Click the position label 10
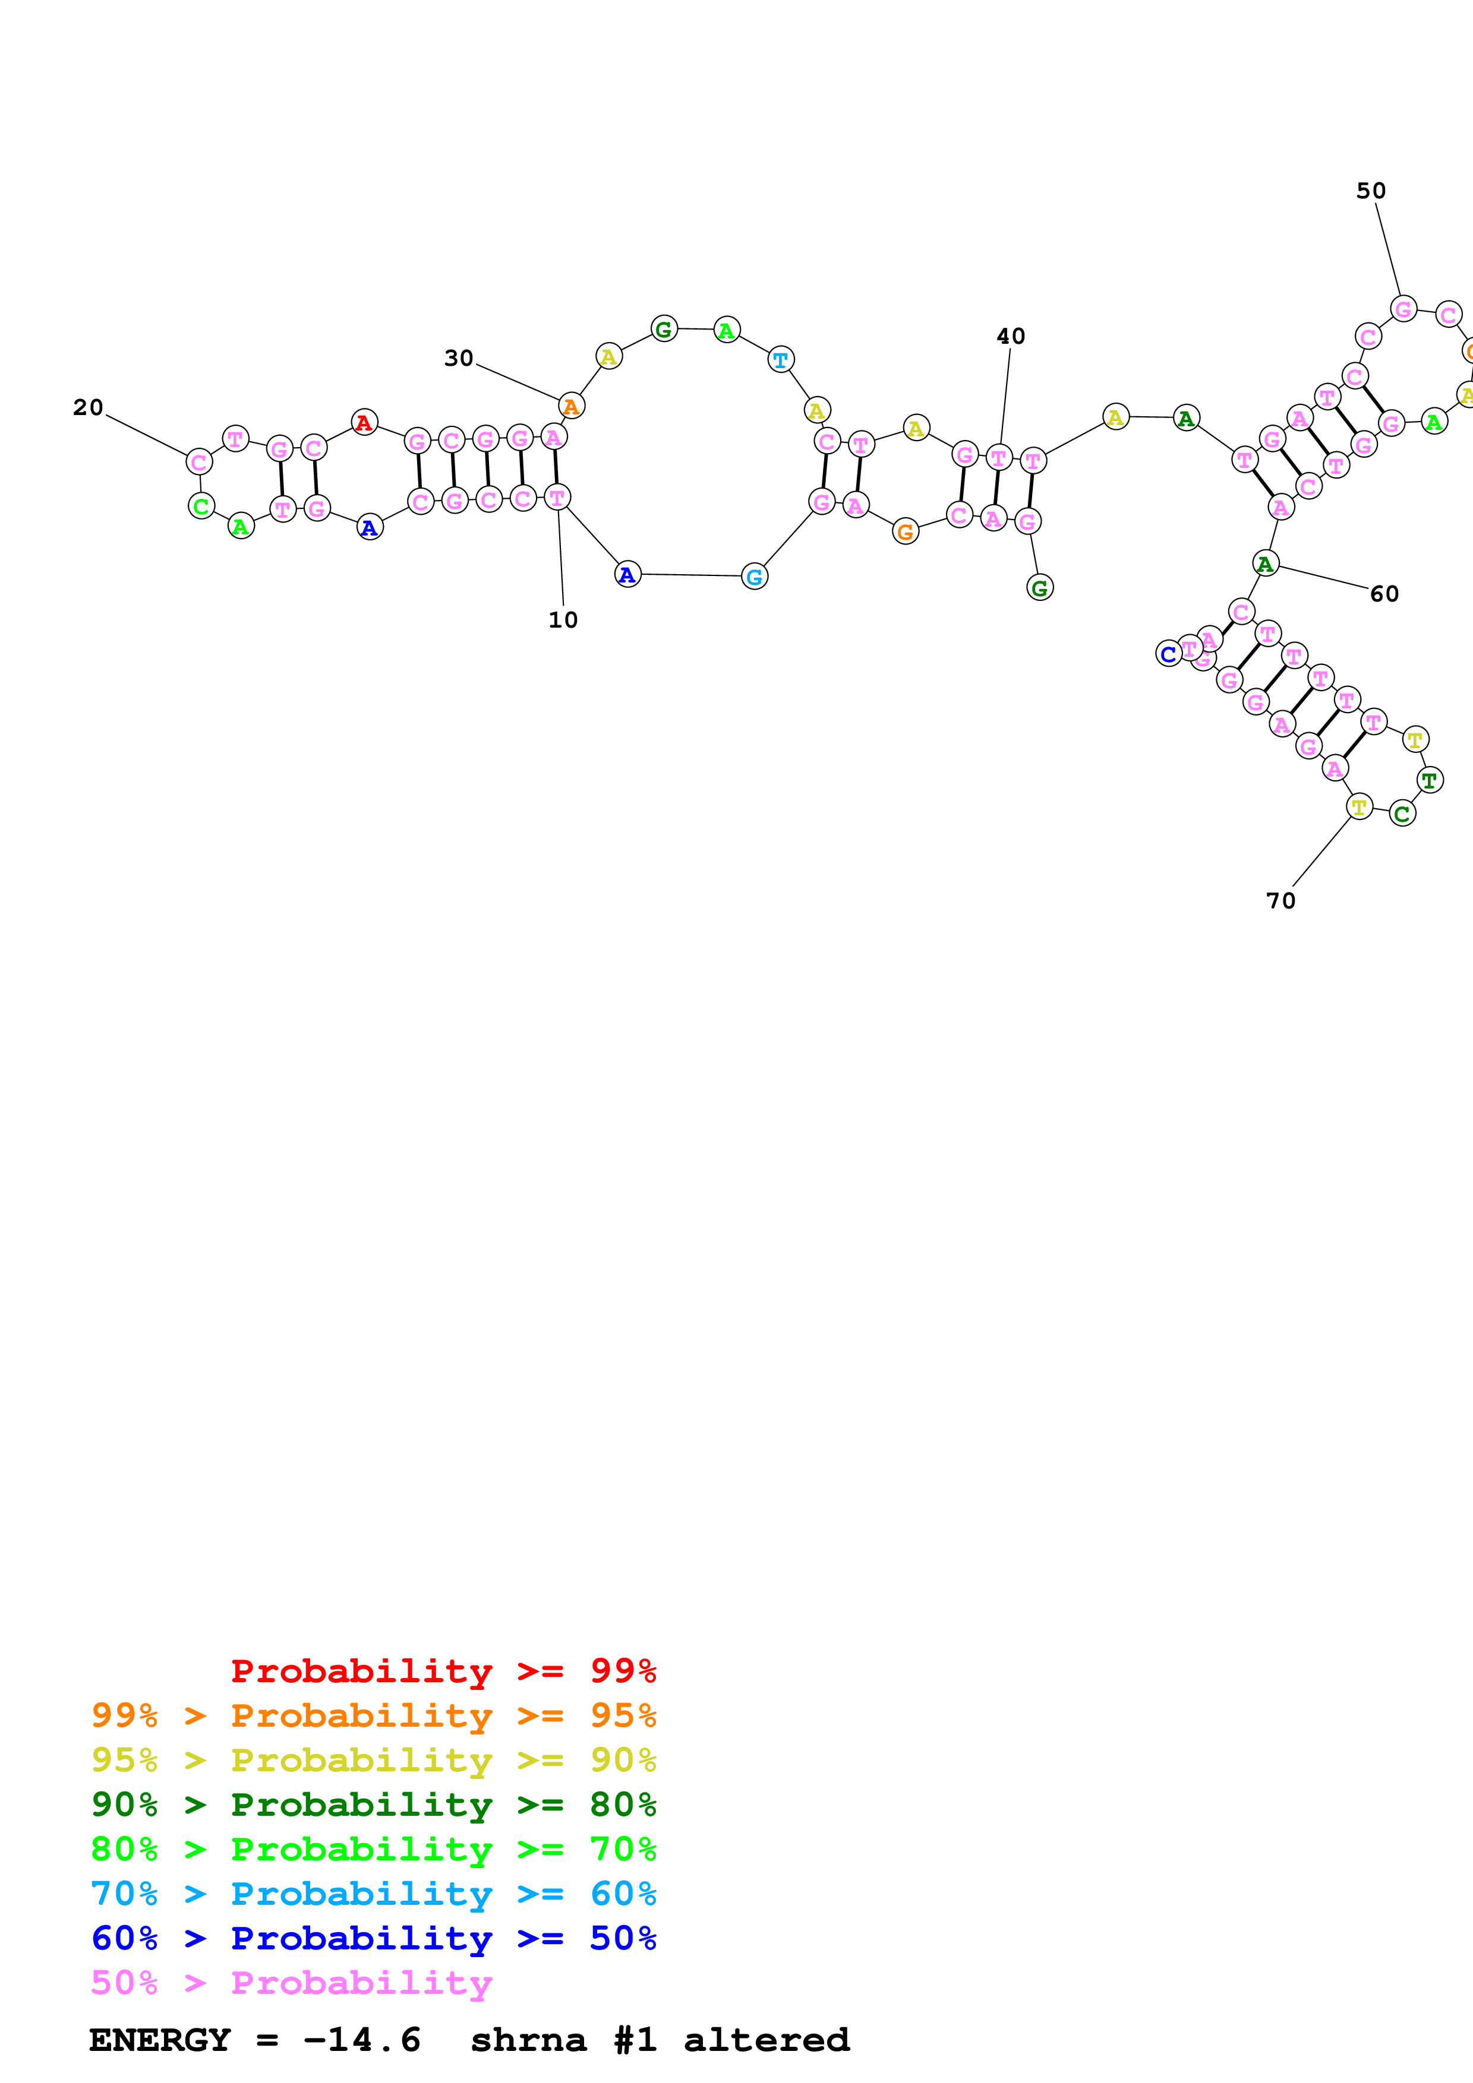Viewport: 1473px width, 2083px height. coord(563,620)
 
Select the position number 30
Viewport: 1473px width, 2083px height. coord(458,359)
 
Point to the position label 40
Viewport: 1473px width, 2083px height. coord(1010,337)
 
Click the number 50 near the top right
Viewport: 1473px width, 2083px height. coord(1370,191)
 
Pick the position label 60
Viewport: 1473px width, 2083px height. coord(1384,594)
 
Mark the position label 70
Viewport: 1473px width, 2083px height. coord(1280,901)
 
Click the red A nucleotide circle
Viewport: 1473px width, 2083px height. coord(364,422)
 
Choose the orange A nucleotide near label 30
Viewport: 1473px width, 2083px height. coord(571,406)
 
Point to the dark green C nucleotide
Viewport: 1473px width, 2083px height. coord(1402,814)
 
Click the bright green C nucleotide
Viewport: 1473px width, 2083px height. coord(201,506)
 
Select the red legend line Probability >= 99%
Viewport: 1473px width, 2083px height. coord(443,1671)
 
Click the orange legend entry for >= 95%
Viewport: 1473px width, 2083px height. coord(373,1715)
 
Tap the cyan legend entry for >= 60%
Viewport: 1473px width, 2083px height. coord(373,1894)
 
